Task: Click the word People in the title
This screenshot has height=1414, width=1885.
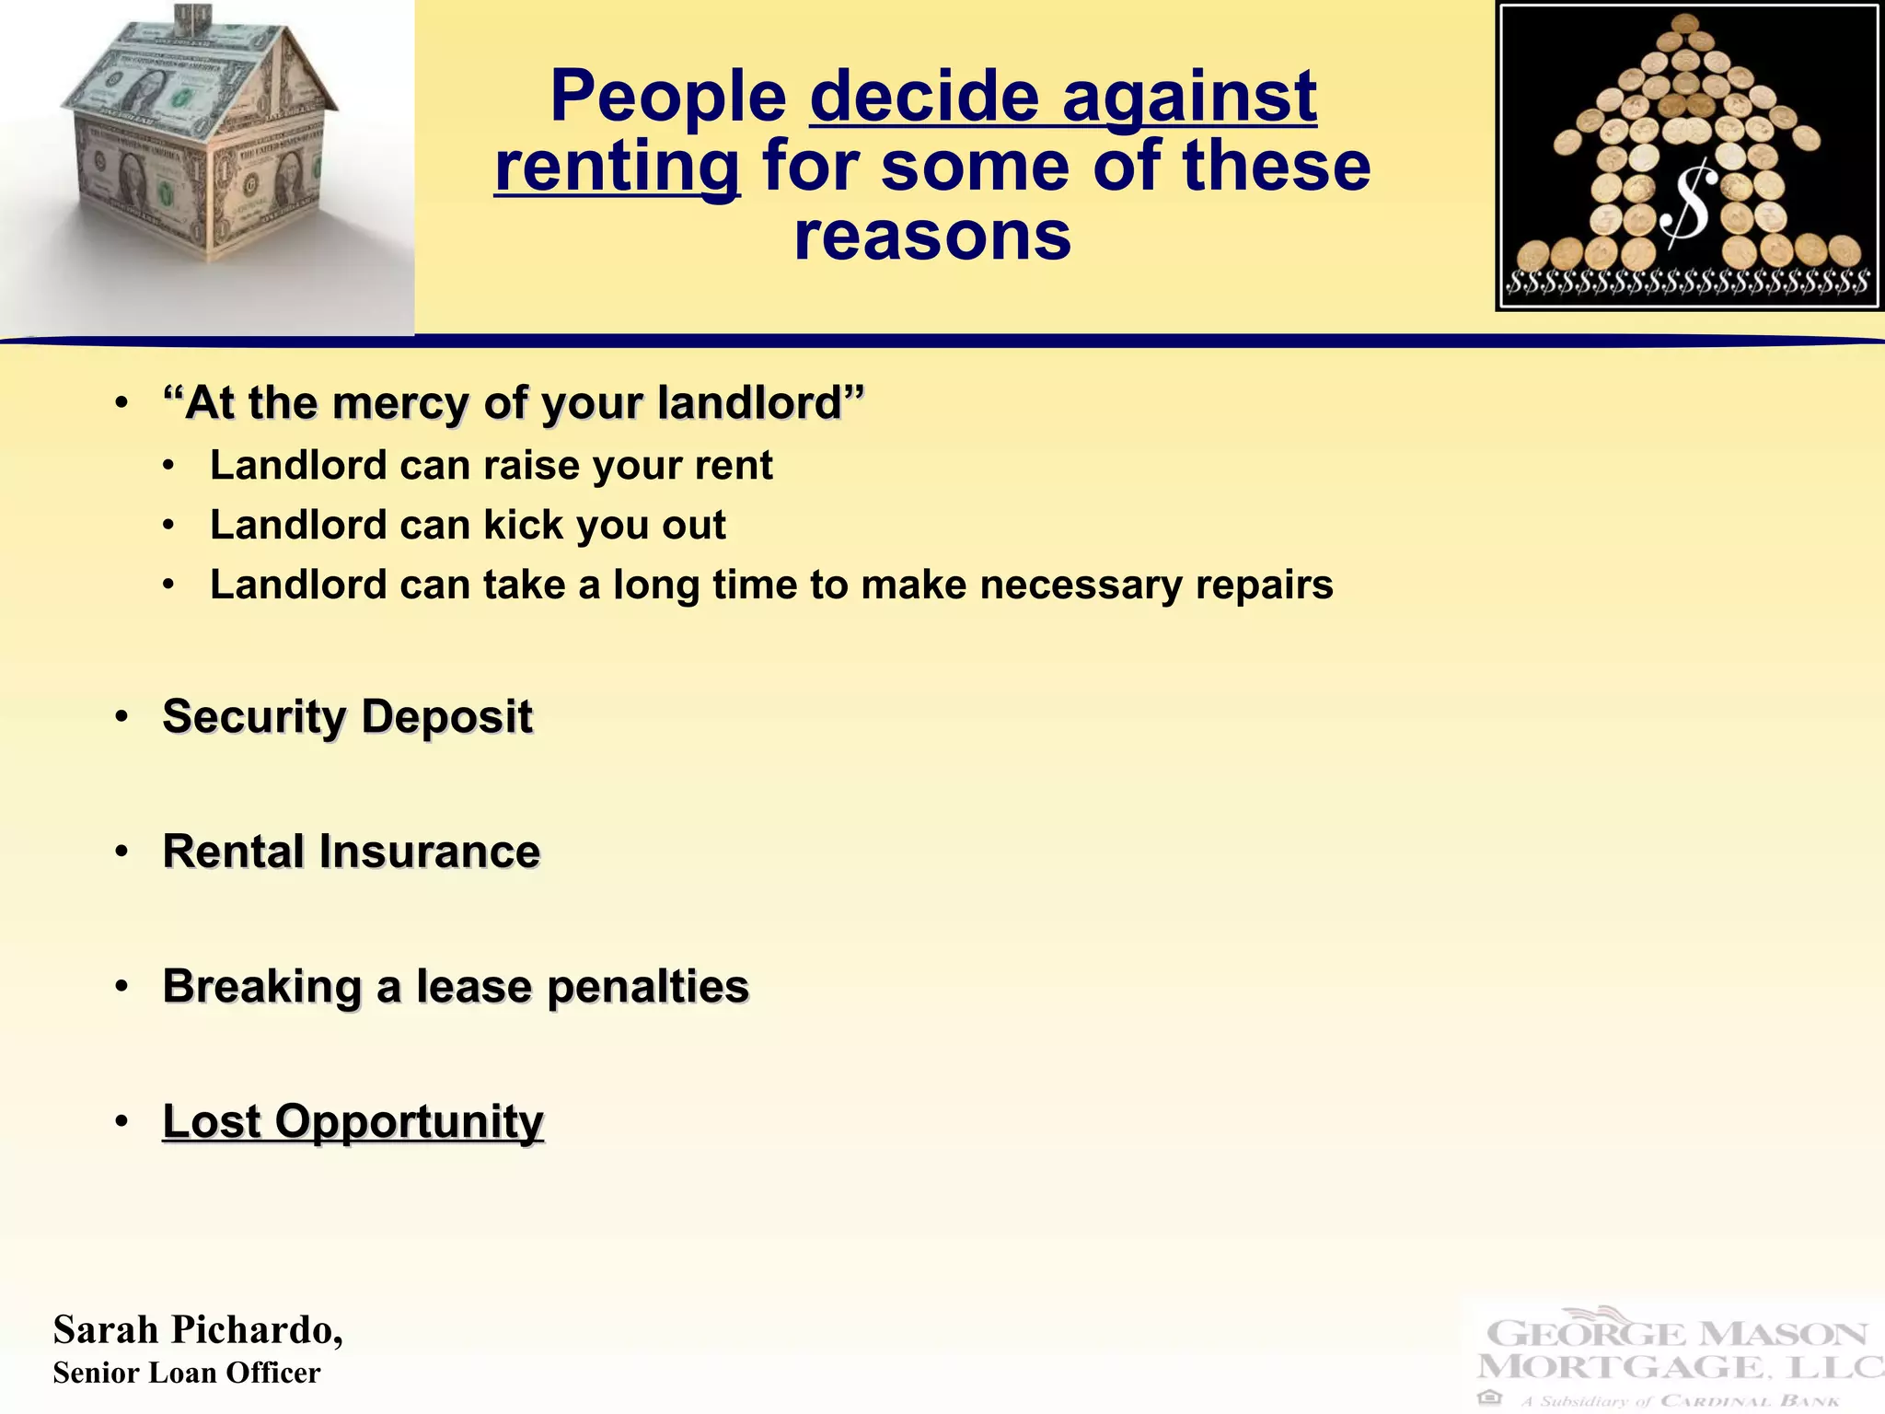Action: (x=668, y=97)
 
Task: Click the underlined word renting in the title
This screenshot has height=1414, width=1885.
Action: (x=617, y=167)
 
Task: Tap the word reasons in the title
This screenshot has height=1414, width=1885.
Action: (x=932, y=236)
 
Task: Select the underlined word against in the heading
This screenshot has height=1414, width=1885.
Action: (x=1189, y=97)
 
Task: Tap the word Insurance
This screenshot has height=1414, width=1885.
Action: (x=429, y=852)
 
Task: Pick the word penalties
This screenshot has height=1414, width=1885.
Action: (x=648, y=987)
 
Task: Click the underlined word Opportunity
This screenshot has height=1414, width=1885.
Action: (x=409, y=1121)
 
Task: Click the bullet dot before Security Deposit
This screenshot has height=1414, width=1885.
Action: (x=121, y=717)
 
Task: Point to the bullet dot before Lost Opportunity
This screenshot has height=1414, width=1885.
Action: (x=121, y=1122)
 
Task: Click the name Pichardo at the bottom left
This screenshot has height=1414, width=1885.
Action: (x=257, y=1330)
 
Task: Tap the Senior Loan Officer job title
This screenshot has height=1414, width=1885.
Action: (x=187, y=1373)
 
